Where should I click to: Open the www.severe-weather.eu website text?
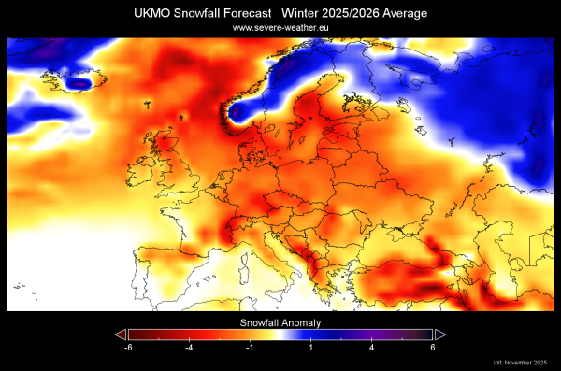(x=281, y=29)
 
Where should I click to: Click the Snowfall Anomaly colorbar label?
(x=280, y=321)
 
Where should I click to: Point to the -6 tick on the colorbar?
(x=128, y=347)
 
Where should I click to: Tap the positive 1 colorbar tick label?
(x=311, y=347)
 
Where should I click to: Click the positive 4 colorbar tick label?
(x=372, y=347)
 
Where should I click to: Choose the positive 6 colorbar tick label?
(x=432, y=347)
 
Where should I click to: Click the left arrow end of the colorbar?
(x=119, y=334)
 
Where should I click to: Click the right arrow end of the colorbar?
(x=441, y=334)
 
